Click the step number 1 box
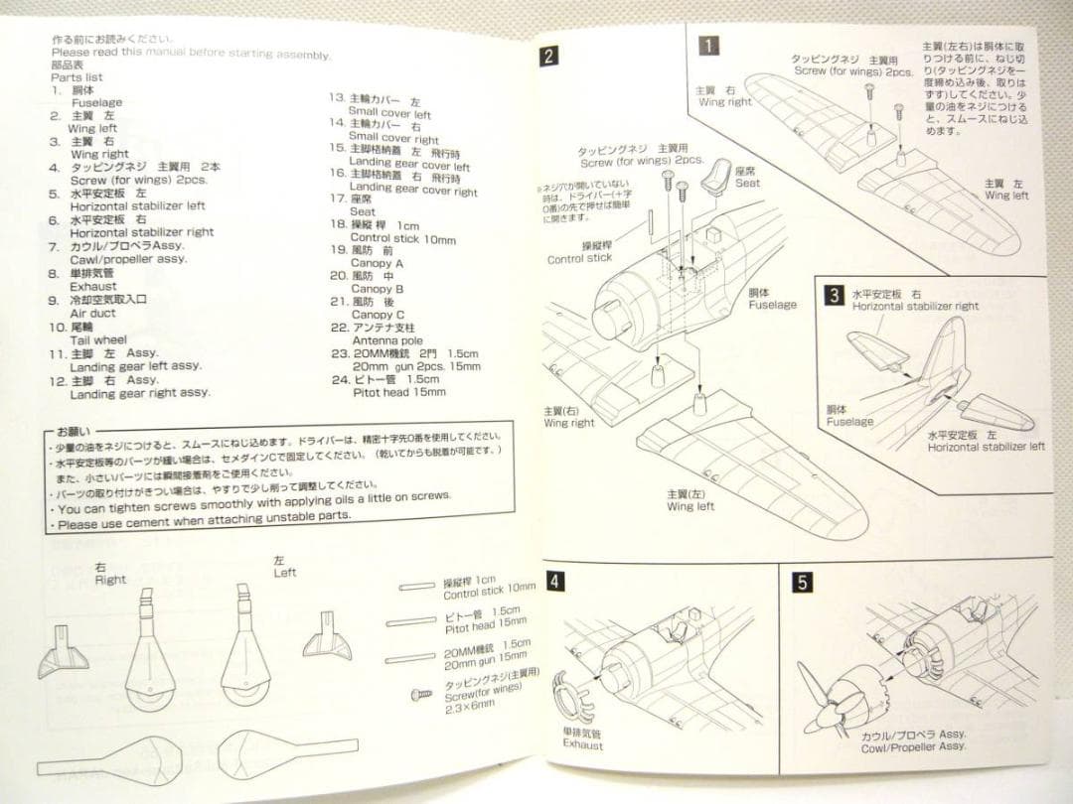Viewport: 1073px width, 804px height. (x=708, y=45)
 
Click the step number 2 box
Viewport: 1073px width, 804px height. (x=550, y=57)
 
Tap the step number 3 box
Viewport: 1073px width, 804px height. (x=836, y=295)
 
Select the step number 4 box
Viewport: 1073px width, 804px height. (x=556, y=582)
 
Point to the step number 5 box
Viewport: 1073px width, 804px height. (x=802, y=583)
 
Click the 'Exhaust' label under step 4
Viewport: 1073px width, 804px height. (x=582, y=744)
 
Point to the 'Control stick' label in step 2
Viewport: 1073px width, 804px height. (x=579, y=259)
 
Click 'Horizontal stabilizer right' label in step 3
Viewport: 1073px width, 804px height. (x=915, y=307)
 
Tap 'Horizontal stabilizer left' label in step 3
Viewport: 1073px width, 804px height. (x=986, y=447)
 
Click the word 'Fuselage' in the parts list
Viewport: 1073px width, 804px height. (x=96, y=102)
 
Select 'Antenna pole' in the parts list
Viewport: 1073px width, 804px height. (x=386, y=340)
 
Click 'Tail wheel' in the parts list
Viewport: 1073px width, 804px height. (x=98, y=339)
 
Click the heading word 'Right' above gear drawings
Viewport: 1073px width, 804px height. (x=110, y=579)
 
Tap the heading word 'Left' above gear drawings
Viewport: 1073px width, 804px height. (x=285, y=573)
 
